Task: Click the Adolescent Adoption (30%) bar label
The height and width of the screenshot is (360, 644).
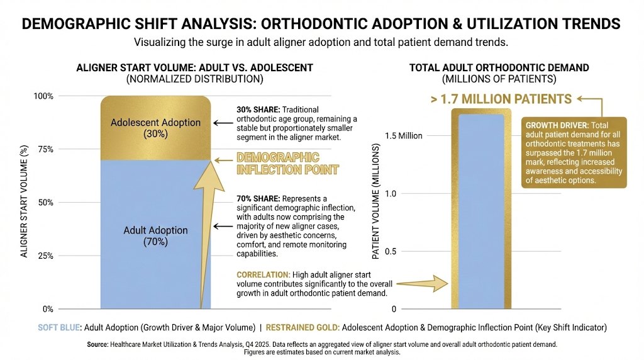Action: [155, 128]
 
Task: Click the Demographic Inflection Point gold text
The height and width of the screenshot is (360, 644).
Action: [287, 163]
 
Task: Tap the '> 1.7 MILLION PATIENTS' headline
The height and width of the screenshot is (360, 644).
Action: [501, 99]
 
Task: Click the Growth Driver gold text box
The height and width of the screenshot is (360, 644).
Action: [574, 151]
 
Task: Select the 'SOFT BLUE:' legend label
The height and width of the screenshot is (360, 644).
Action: [58, 327]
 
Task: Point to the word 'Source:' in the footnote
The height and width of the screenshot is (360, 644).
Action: [98, 344]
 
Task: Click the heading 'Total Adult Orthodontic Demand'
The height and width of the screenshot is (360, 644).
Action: [499, 67]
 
